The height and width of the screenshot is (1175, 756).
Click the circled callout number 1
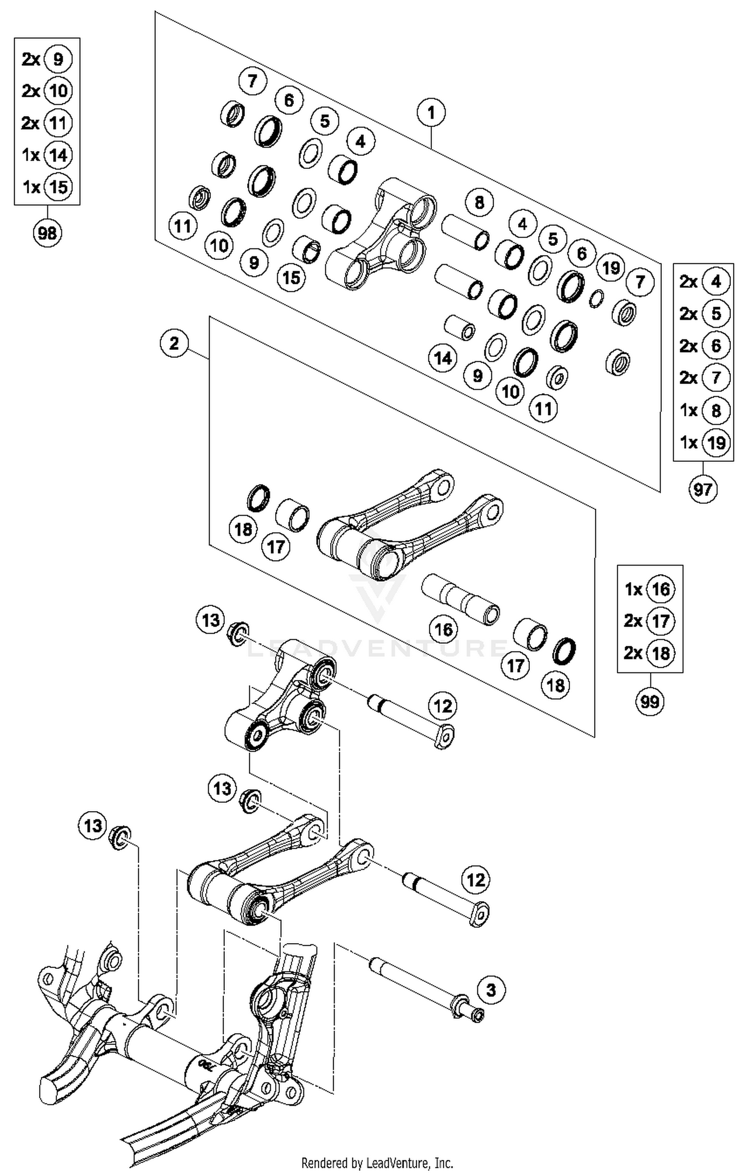[431, 112]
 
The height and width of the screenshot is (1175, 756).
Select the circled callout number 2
[174, 344]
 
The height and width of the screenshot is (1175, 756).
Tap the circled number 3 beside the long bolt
[491, 990]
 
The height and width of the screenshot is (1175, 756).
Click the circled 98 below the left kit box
[47, 233]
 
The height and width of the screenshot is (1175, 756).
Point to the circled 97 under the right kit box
[703, 489]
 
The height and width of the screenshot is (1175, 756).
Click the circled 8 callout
[479, 203]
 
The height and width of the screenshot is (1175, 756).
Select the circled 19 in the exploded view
[611, 268]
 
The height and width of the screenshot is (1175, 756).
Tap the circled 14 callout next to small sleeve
[443, 358]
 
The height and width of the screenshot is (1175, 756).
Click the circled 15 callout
[291, 277]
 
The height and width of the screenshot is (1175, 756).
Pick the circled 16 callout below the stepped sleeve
[444, 629]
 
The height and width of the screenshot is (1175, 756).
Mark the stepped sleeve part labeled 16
[460, 598]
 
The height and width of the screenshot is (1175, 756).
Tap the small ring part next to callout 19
[596, 298]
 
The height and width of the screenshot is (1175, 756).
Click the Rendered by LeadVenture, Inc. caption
[377, 1163]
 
